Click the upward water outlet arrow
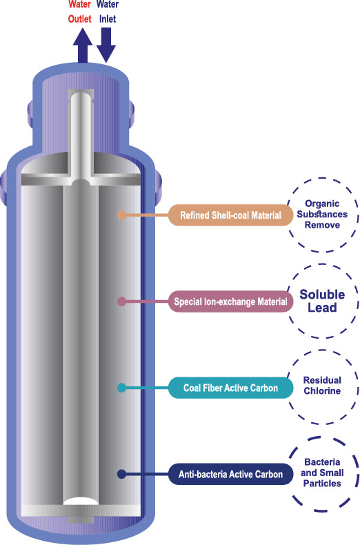(x=83, y=45)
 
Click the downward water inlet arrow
(x=106, y=45)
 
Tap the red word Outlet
(x=79, y=19)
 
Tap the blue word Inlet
(x=108, y=19)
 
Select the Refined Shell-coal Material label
(x=231, y=215)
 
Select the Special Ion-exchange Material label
(x=231, y=301)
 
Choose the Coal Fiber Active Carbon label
(x=231, y=388)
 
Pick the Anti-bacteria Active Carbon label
(x=231, y=474)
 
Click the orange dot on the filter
(x=121, y=215)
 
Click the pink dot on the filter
(x=121, y=301)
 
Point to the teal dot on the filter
(x=121, y=388)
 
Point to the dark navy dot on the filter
(x=121, y=474)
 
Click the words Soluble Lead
(x=322, y=301)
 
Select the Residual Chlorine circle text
(x=322, y=386)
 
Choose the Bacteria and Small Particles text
(x=322, y=473)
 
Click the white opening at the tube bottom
(x=80, y=501)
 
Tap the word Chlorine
(x=322, y=390)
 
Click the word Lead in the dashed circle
(x=322, y=308)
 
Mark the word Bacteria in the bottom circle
(x=322, y=462)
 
